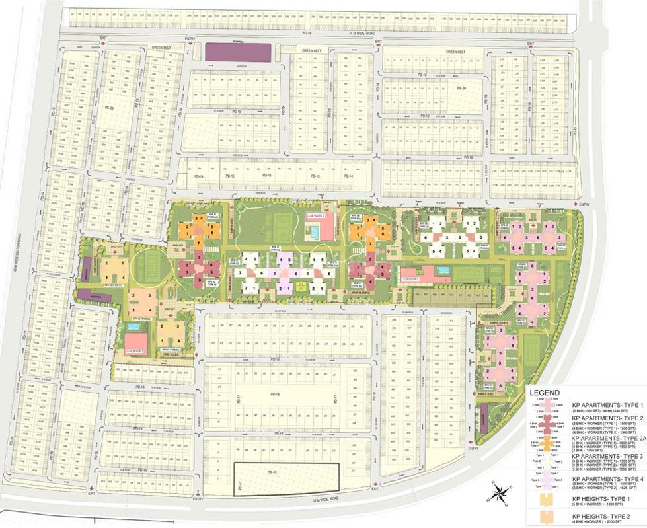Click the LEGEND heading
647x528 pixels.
tap(545, 393)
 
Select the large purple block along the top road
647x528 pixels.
tap(238, 52)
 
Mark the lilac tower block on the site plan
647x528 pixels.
tap(286, 270)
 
